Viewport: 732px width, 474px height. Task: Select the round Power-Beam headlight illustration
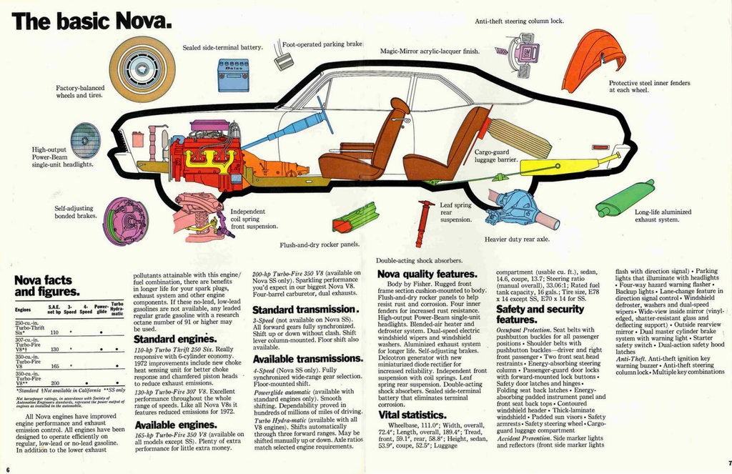click(x=85, y=141)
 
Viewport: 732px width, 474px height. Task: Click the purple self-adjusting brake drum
click(x=126, y=221)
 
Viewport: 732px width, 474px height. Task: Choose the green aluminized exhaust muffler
click(x=625, y=199)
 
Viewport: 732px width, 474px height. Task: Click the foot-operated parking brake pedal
click(x=283, y=61)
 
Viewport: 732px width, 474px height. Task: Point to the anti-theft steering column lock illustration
click(x=520, y=53)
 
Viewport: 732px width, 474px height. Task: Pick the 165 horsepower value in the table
click(x=53, y=366)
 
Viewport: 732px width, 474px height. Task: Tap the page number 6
click(x=6, y=469)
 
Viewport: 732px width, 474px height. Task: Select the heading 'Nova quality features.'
click(x=427, y=274)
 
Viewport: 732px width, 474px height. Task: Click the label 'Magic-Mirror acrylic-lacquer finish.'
click(x=430, y=51)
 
